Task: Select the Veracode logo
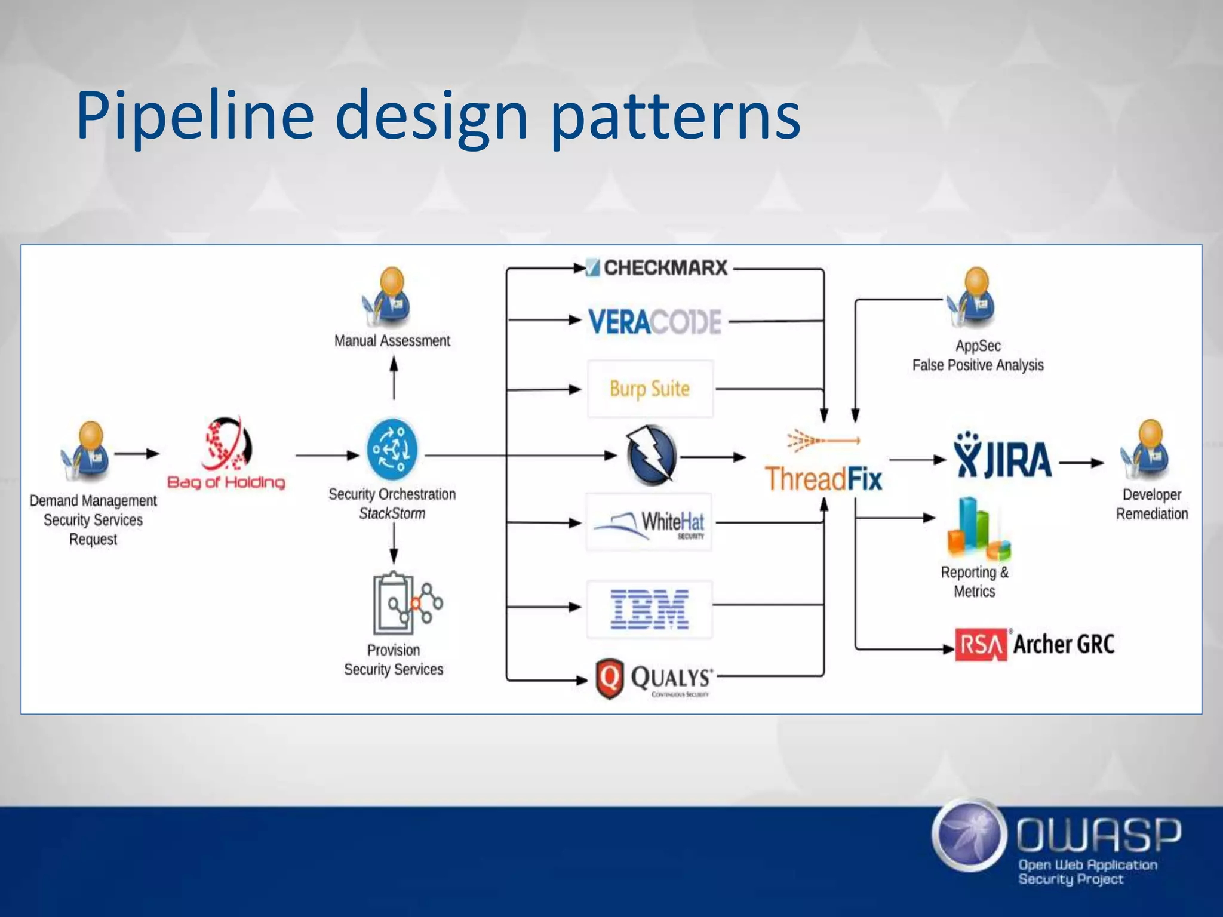click(654, 322)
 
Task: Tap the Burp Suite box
click(650, 389)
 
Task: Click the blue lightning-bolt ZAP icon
click(652, 456)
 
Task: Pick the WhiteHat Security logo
click(649, 522)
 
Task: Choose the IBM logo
click(649, 609)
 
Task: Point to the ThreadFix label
click(823, 479)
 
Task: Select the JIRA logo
click(1003, 457)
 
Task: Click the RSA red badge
click(981, 645)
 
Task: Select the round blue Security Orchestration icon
click(392, 450)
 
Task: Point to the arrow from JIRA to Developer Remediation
click(1081, 463)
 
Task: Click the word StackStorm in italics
click(392, 513)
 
